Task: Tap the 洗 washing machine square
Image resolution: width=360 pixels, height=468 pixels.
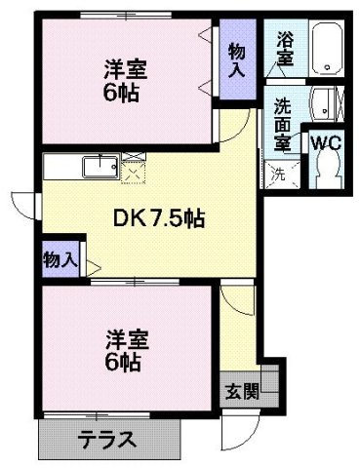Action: [279, 176]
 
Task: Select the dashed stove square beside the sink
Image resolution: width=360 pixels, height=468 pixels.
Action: [133, 169]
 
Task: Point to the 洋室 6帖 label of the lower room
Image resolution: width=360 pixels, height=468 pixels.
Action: [125, 350]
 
